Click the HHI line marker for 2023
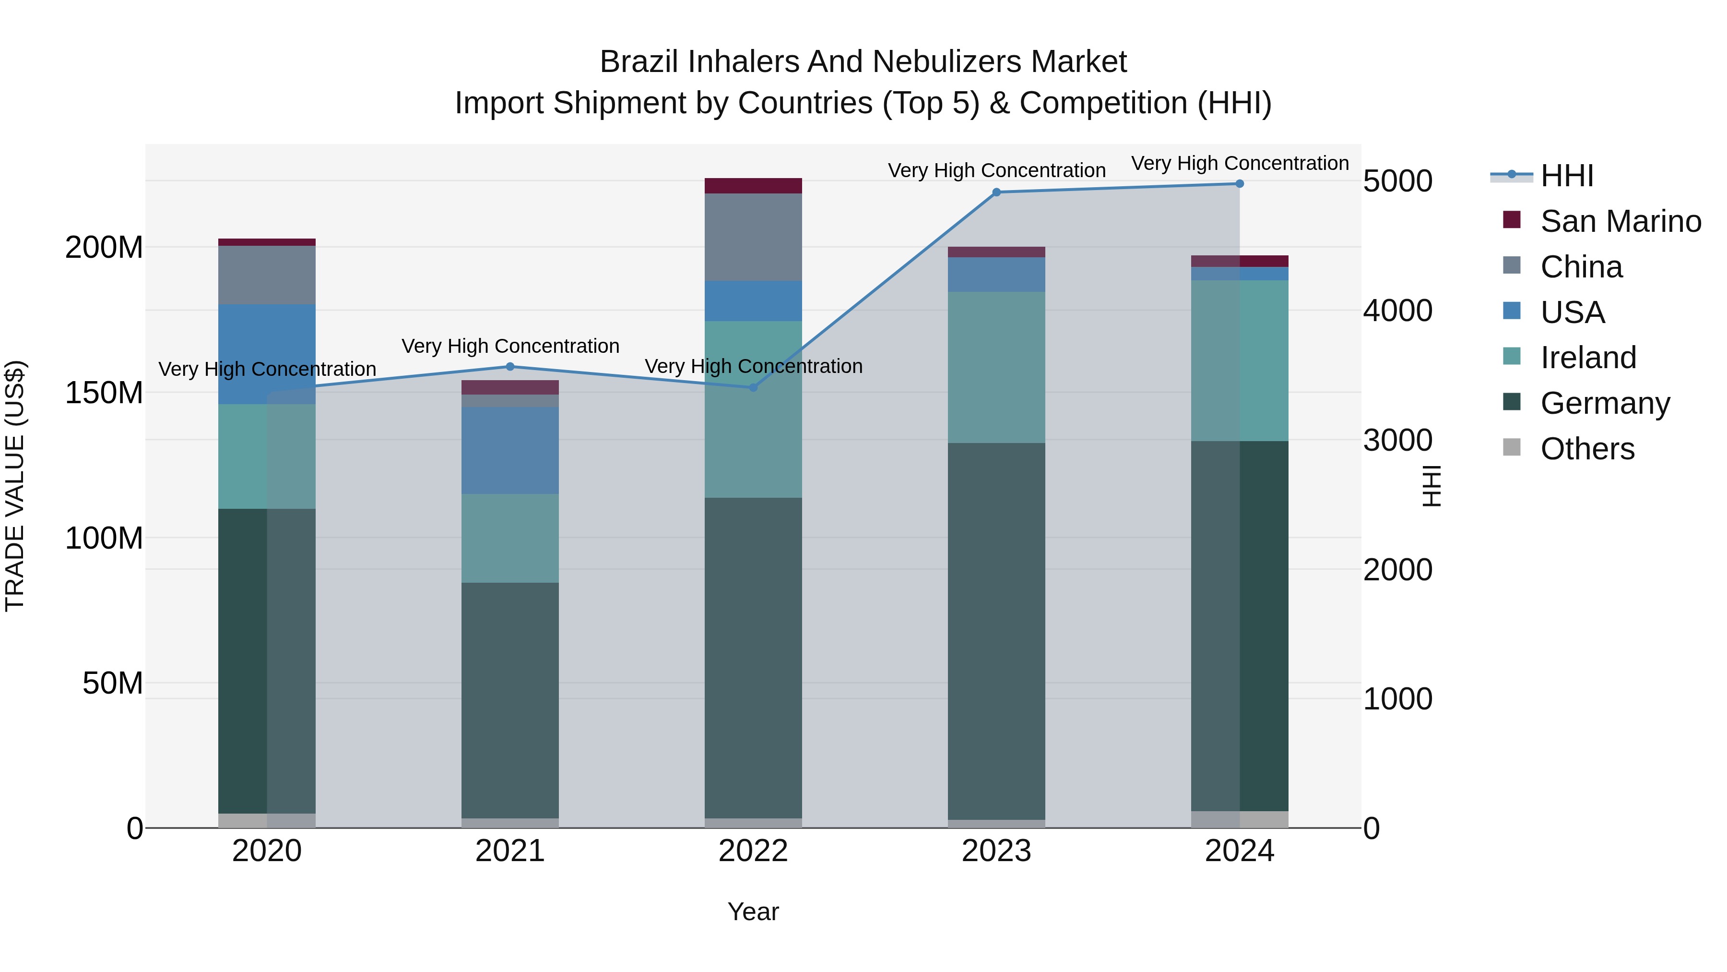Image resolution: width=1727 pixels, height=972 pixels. coord(996,192)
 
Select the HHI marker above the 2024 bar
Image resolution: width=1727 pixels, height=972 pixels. coord(1239,184)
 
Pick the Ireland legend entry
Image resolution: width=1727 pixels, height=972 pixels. coord(1587,358)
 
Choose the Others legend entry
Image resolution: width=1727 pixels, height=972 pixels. coord(1587,449)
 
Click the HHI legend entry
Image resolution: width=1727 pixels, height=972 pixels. coord(1566,176)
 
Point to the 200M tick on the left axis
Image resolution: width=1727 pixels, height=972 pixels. coord(104,248)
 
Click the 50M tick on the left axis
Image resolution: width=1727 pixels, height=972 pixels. coord(113,684)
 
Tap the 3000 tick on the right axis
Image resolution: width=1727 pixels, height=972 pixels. coord(1398,441)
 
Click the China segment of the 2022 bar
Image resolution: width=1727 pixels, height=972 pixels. coord(753,237)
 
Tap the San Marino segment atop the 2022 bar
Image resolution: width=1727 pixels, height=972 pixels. coord(753,186)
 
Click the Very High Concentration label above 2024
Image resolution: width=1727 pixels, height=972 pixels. coord(1240,164)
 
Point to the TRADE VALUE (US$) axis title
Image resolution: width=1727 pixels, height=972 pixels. coord(15,486)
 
